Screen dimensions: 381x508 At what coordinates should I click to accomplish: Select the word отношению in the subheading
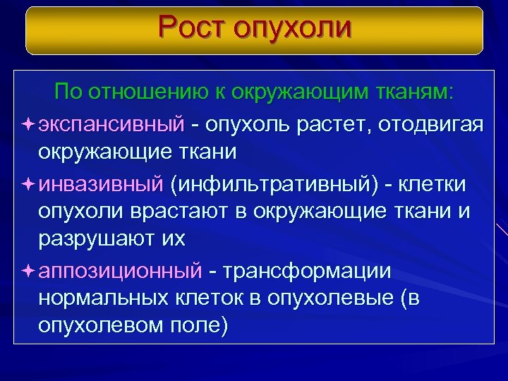click(x=146, y=92)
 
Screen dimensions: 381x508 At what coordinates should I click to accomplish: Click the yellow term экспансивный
click(x=111, y=125)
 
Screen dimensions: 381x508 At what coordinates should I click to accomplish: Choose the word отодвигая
click(x=430, y=125)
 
